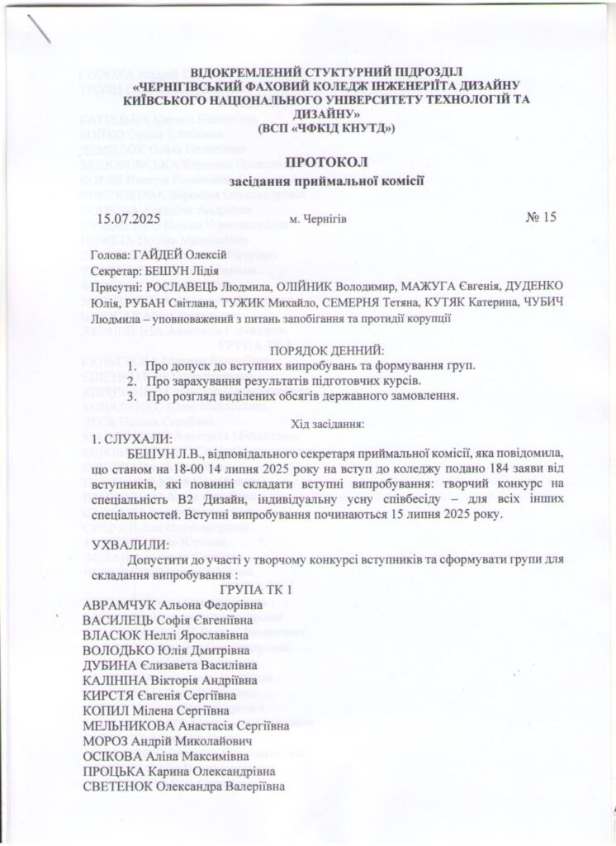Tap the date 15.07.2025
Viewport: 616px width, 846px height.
[x=131, y=219]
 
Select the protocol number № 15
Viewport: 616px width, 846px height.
[x=542, y=218]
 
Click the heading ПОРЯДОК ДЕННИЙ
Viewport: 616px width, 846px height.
[x=328, y=351]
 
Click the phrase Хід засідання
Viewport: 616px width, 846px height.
[x=328, y=425]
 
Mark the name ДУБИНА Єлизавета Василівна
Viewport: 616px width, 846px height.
[x=169, y=665]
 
